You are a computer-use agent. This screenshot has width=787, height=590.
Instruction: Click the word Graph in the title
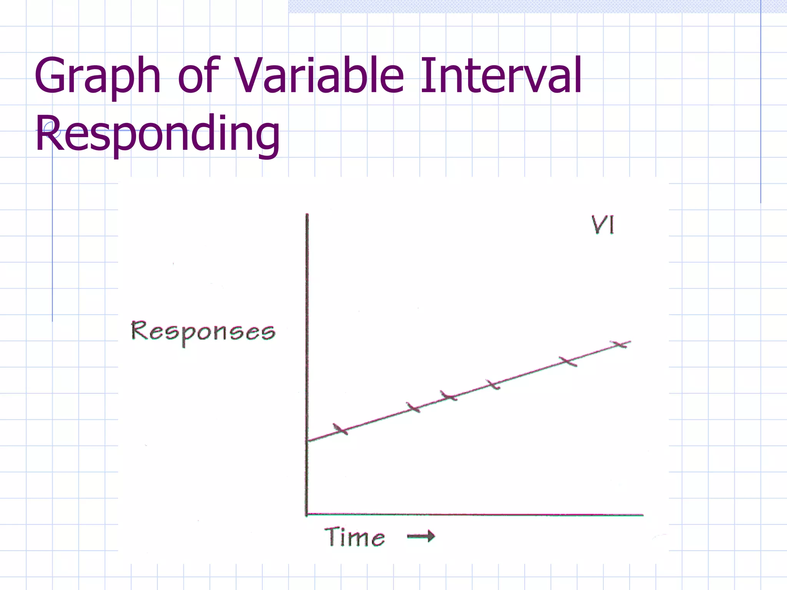pos(97,76)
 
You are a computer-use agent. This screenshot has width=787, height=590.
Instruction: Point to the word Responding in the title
pos(158,133)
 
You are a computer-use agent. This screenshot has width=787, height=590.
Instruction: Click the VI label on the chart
pos(603,225)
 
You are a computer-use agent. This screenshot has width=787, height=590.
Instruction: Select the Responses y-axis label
pos(203,332)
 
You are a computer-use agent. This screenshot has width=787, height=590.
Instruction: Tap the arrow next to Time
pos(421,536)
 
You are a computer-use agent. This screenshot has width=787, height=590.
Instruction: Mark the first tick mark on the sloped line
pos(340,429)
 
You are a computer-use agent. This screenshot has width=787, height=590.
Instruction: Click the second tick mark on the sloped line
pos(413,407)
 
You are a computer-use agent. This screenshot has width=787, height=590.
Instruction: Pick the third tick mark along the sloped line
pos(448,396)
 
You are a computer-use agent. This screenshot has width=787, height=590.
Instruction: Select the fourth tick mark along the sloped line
pos(493,384)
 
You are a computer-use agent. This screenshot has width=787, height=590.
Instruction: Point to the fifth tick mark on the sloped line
pos(568,361)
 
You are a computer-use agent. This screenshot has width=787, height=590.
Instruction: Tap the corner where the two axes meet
pos(307,514)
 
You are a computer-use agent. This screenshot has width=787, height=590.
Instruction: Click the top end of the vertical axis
pos(307,215)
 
